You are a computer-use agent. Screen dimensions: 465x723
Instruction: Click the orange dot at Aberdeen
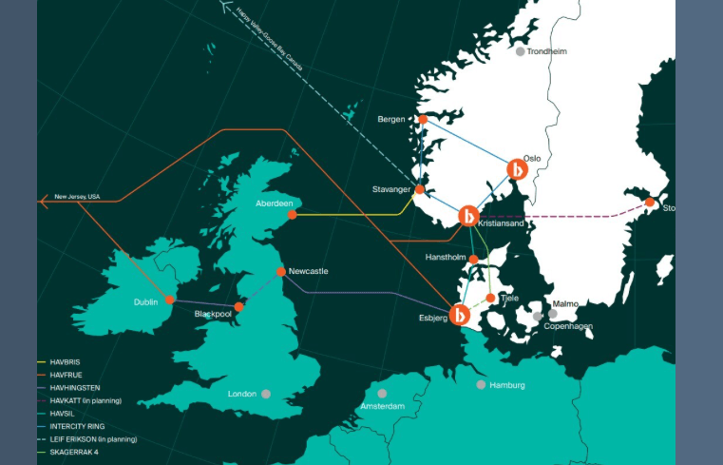pos(293,215)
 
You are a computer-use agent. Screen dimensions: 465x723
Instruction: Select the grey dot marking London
pos(266,394)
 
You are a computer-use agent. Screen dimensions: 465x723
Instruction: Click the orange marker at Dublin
pos(170,300)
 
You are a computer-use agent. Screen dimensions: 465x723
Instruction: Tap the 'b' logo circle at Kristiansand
pos(468,216)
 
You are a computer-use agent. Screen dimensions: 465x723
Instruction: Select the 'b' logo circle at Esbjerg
pos(461,315)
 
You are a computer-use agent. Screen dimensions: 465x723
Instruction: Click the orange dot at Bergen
pos(423,119)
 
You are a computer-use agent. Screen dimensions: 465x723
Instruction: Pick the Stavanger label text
pos(391,190)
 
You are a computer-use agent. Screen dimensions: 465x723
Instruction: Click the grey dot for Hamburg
pos(481,384)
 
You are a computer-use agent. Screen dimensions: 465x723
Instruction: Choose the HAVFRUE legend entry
pos(69,375)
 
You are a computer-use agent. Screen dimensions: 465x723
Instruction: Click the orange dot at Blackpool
pos(238,307)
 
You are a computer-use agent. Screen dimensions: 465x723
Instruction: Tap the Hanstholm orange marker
pos(473,259)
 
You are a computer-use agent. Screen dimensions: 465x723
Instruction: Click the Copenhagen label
pos(568,326)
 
